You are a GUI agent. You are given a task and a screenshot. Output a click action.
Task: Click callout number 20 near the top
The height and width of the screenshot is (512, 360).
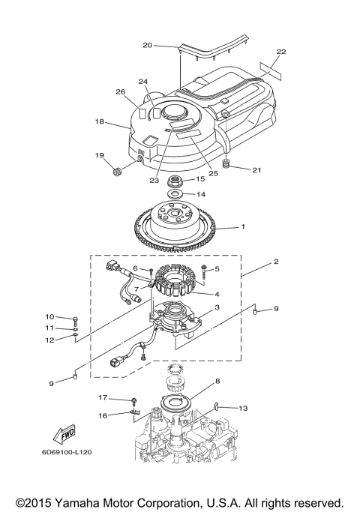147,45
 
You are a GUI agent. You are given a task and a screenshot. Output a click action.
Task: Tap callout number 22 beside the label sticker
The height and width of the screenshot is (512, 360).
280,52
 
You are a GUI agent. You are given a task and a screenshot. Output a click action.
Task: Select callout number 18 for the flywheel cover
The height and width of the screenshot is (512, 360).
99,121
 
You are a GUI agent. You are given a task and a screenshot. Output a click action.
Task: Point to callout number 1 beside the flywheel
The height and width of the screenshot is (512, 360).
242,226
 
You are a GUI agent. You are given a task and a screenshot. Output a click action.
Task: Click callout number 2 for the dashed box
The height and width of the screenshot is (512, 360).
276,263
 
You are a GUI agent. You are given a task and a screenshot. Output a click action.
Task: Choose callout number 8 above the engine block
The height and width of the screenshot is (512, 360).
217,382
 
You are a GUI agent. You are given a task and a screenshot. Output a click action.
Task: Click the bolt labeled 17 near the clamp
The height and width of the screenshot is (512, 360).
135,401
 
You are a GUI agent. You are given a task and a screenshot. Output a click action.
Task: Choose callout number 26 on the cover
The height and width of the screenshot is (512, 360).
119,92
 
